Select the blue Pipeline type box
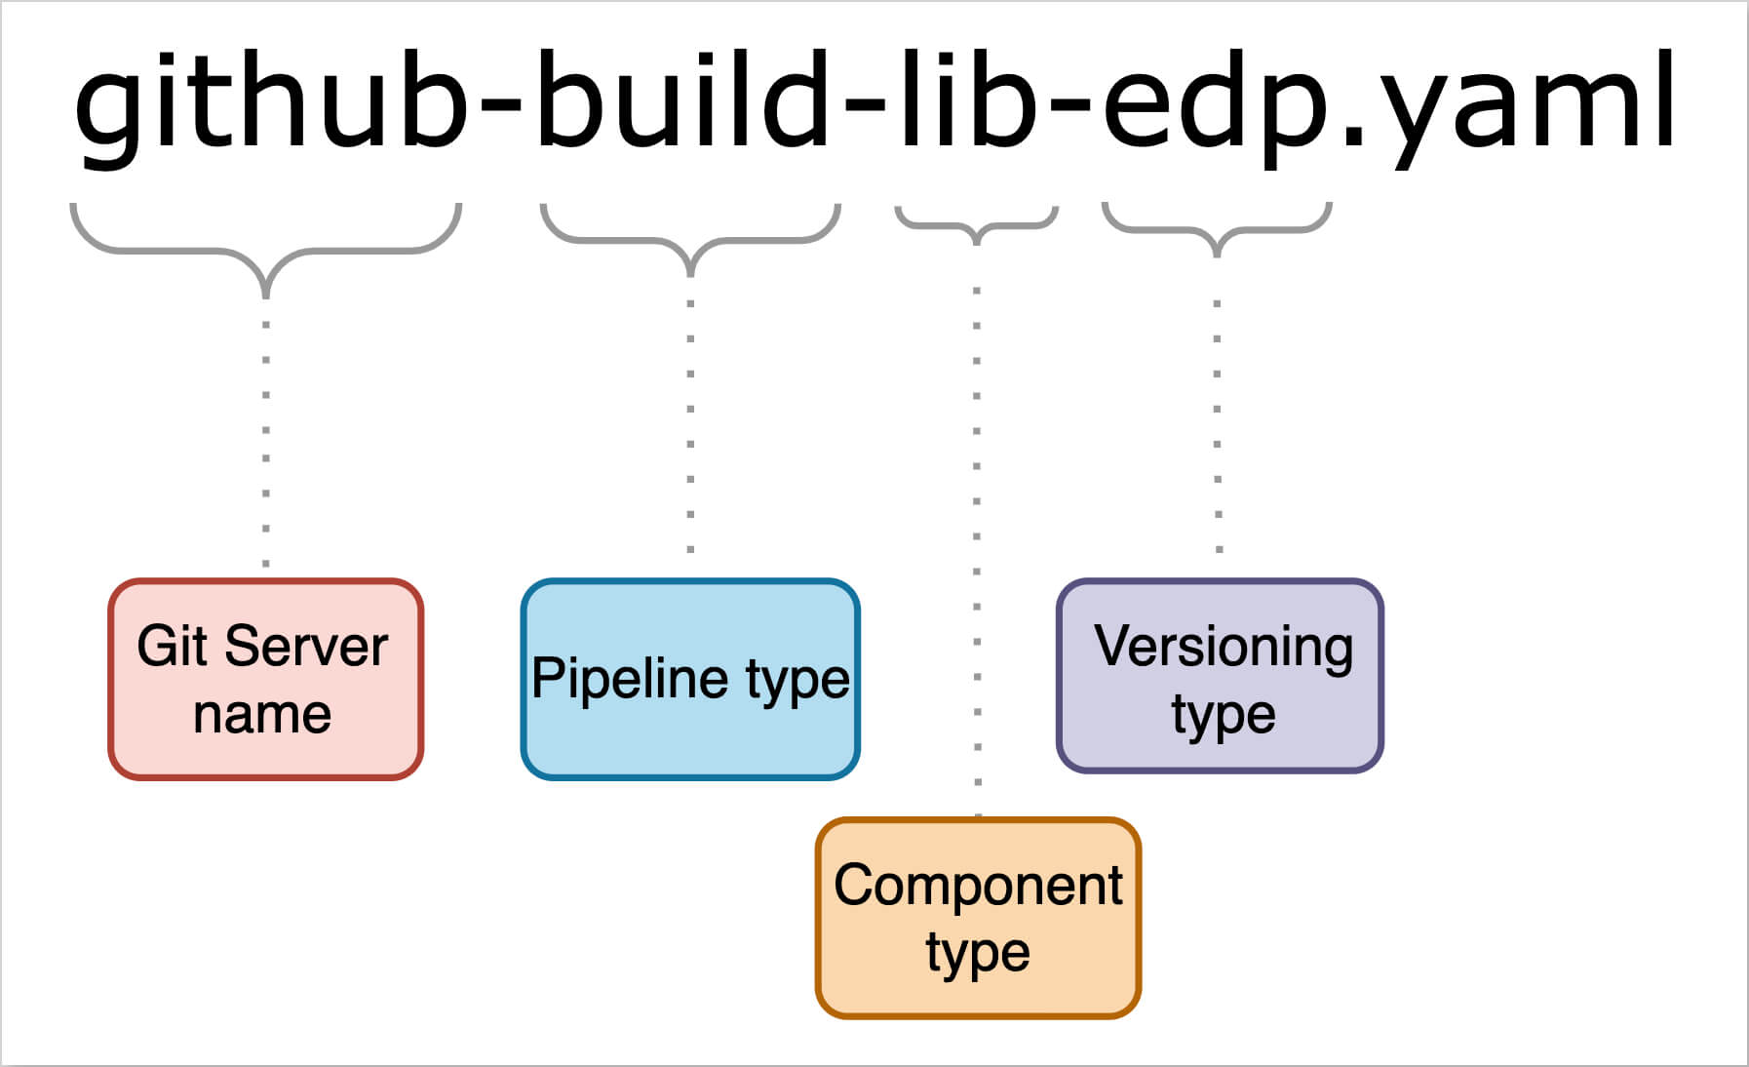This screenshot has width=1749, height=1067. (690, 679)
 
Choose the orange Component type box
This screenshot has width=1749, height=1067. (978, 918)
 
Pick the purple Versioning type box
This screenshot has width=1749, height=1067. (1220, 676)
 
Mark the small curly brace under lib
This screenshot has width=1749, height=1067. (976, 226)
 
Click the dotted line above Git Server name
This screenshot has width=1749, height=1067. (265, 439)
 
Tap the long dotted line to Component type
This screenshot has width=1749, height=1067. (977, 546)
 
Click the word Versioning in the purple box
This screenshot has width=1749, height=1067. (1224, 646)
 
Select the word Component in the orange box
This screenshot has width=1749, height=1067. (978, 885)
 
